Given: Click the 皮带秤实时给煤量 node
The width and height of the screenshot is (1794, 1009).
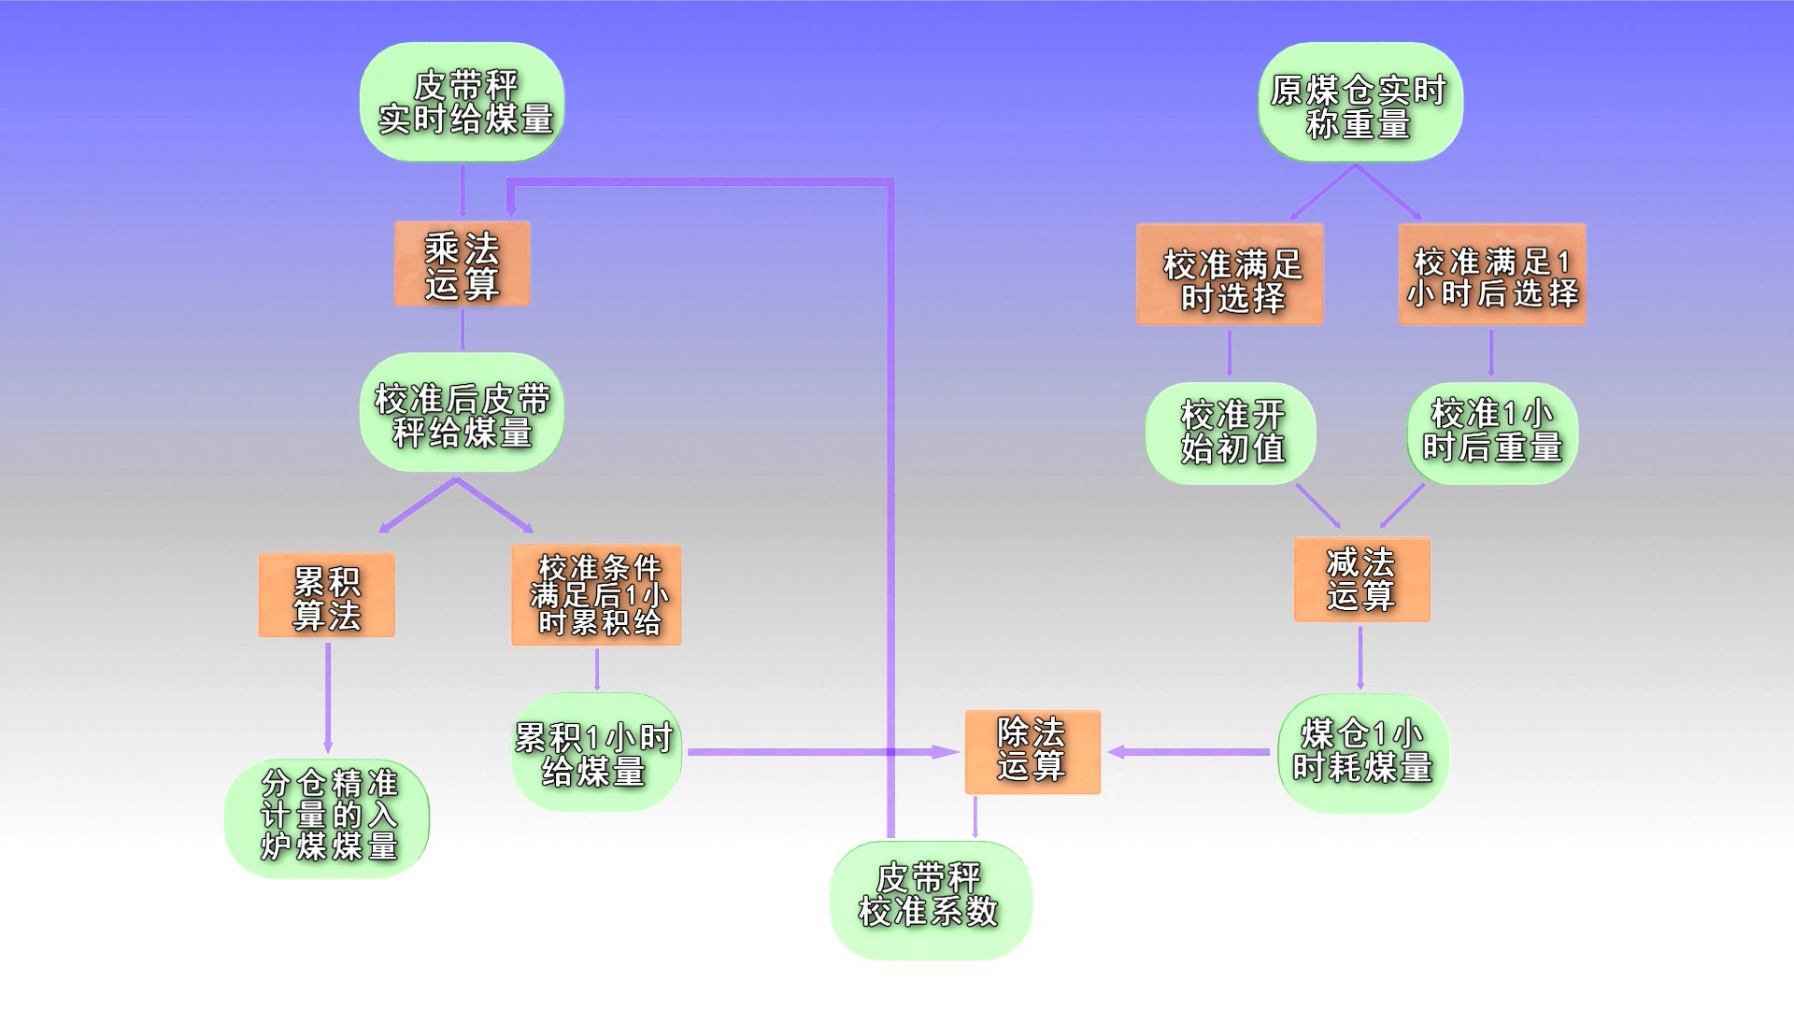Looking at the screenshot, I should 463,102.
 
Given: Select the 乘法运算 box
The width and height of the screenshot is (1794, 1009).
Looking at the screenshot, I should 463,264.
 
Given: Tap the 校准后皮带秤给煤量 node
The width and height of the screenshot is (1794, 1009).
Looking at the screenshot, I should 462,413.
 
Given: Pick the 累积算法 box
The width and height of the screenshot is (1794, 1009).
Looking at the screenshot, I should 327,596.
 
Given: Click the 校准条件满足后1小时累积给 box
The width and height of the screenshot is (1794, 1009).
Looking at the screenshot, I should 596,595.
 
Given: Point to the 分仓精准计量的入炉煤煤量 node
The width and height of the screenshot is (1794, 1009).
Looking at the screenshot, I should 327,817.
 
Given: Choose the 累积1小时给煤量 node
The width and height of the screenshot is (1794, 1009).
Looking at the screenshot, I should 596,753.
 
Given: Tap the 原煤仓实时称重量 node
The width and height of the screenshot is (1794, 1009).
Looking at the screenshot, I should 1360,103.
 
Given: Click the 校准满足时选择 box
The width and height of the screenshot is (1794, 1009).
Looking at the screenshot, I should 1230,275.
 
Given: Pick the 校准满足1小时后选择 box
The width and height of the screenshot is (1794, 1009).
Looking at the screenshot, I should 1492,275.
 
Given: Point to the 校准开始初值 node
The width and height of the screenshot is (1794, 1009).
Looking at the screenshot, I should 1231,433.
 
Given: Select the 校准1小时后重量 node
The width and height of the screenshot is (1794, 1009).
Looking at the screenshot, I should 1492,433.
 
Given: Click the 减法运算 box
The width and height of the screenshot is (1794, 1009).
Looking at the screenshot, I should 1361,580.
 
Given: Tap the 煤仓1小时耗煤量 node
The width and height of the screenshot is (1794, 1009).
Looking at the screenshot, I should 1363,753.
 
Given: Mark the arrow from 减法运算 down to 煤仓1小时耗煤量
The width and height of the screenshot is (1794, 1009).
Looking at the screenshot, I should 1360,658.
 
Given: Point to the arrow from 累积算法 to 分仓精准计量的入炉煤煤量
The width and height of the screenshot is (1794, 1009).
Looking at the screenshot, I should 328,697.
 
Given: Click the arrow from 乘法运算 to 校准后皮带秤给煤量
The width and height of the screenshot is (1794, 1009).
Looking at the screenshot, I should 463,329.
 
